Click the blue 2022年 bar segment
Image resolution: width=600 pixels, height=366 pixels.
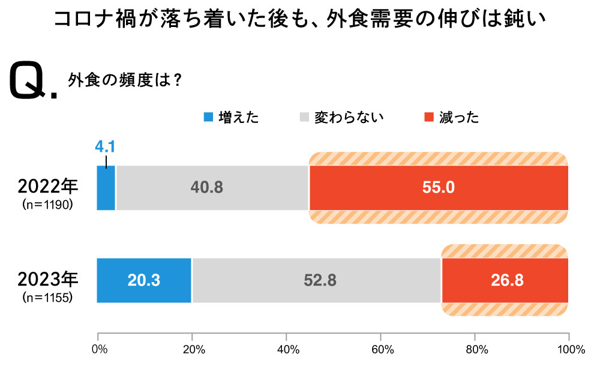pos(106,188)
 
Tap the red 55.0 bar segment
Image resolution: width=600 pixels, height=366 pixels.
pos(439,188)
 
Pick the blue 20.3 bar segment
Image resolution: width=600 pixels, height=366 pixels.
pos(144,280)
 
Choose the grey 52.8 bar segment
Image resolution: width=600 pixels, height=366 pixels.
pos(316,280)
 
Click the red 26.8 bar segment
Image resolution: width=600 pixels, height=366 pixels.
pos(505,280)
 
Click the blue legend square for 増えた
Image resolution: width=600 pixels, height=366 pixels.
pos(208,117)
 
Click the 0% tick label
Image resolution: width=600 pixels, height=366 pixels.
pos(98,350)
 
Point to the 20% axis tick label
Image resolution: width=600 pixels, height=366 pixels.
pos(192,350)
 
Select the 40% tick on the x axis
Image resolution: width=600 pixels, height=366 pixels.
pos(286,350)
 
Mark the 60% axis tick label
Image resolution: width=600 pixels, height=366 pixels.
pos(380,350)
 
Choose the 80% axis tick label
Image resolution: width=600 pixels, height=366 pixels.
pos(475,350)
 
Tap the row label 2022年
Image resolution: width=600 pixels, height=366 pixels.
pos(47,186)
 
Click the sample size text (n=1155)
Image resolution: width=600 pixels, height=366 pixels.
pos(47,297)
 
